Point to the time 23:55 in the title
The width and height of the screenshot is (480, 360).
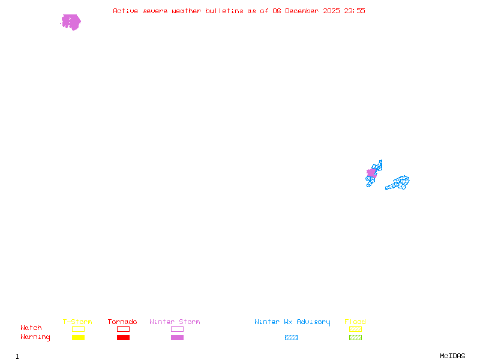point(355,11)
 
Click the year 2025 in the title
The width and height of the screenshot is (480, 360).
point(332,11)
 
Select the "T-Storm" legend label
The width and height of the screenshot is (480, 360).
point(77,322)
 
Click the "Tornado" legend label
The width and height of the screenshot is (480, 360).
point(122,322)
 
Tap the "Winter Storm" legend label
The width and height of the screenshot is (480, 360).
point(175,322)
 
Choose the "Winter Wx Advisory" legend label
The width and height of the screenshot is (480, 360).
point(292,322)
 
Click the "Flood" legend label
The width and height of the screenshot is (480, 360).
point(355,322)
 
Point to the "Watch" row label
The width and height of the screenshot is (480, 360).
point(31,328)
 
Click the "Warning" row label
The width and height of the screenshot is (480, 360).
point(35,337)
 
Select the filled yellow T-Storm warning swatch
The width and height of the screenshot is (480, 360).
point(78,337)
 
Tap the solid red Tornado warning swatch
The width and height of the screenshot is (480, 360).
point(123,337)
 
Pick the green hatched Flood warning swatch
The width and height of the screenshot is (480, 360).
point(355,337)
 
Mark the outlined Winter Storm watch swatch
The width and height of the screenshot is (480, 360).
point(177,329)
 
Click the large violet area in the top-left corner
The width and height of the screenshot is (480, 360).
point(71,22)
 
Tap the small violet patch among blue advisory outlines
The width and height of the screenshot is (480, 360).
point(371,173)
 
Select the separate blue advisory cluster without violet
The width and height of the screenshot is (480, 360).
point(398,182)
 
